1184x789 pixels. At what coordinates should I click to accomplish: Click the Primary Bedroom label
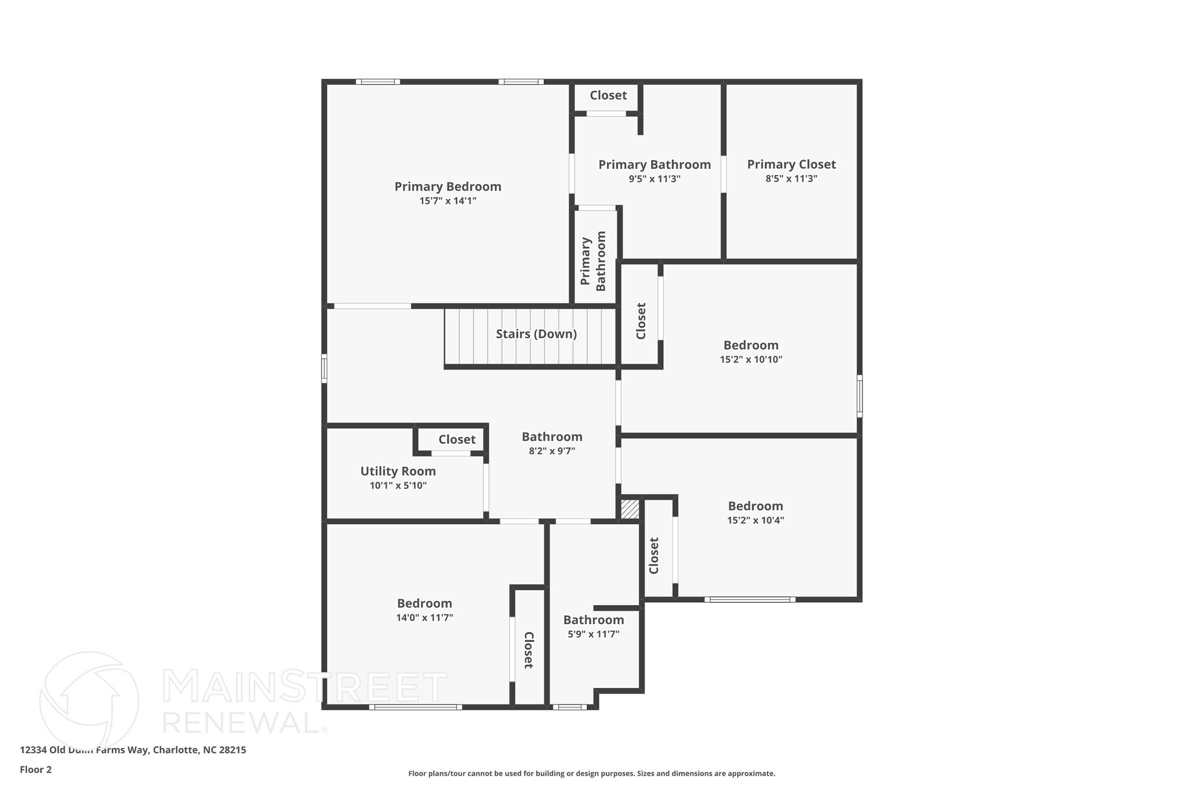pyautogui.click(x=447, y=187)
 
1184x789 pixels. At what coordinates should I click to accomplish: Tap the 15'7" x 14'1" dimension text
pyautogui.click(x=447, y=201)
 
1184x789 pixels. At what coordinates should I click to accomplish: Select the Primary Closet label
pyautogui.click(x=791, y=165)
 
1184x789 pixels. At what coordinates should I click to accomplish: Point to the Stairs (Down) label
pyautogui.click(x=536, y=334)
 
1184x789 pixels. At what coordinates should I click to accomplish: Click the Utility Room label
pyautogui.click(x=398, y=471)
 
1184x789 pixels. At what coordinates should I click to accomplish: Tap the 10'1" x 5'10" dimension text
pyautogui.click(x=398, y=486)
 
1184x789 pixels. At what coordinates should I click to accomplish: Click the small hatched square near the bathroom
pyautogui.click(x=630, y=509)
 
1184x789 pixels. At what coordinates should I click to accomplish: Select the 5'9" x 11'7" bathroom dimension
pyautogui.click(x=593, y=634)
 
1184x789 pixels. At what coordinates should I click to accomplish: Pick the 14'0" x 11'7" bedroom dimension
pyautogui.click(x=424, y=618)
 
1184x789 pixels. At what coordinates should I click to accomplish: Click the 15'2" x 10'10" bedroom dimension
pyautogui.click(x=750, y=360)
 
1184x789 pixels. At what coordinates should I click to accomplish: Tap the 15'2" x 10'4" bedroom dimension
pyautogui.click(x=755, y=520)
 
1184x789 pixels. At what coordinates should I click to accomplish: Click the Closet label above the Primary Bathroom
pyautogui.click(x=608, y=95)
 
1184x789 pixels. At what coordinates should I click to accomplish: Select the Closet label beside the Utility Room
pyautogui.click(x=457, y=439)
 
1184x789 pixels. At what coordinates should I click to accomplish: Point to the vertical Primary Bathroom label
pyautogui.click(x=593, y=261)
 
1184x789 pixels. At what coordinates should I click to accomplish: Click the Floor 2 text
pyautogui.click(x=36, y=769)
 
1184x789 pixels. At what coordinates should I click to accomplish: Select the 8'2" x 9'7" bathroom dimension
pyautogui.click(x=552, y=451)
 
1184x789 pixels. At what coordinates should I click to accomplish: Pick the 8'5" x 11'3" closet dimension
pyautogui.click(x=791, y=179)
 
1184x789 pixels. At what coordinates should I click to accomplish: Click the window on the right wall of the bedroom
pyautogui.click(x=859, y=396)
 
